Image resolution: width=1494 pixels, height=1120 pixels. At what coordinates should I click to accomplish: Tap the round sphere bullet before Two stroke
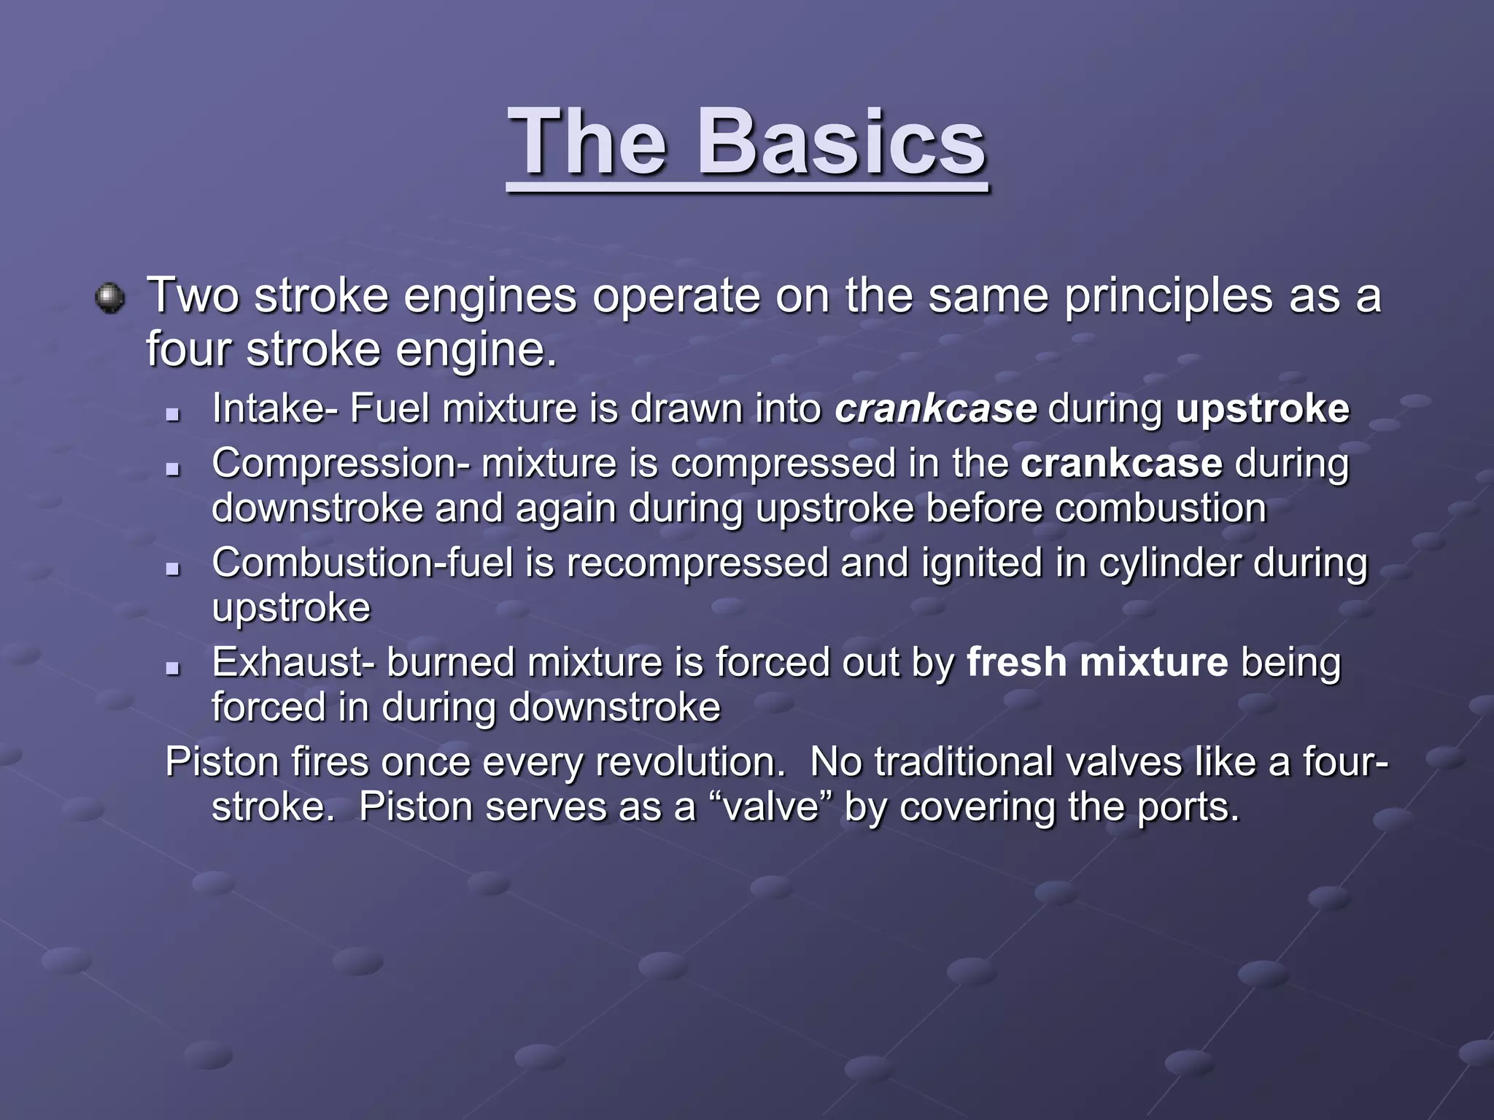coord(110,298)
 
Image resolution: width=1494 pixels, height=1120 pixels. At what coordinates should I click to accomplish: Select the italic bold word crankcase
coord(935,408)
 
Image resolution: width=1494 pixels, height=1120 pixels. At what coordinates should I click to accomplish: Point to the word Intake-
coord(275,408)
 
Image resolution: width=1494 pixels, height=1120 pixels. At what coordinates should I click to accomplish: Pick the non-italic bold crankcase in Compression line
coord(1121,464)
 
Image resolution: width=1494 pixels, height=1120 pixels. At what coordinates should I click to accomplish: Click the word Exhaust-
coord(293,663)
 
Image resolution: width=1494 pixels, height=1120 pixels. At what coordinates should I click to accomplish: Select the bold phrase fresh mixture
coord(1097,663)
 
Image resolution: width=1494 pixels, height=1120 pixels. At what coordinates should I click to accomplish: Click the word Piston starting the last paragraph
coord(222,762)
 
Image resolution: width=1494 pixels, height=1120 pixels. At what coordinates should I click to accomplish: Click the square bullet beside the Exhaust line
coord(173,667)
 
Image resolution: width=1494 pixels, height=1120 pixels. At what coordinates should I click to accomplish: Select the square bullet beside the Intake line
coord(173,413)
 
